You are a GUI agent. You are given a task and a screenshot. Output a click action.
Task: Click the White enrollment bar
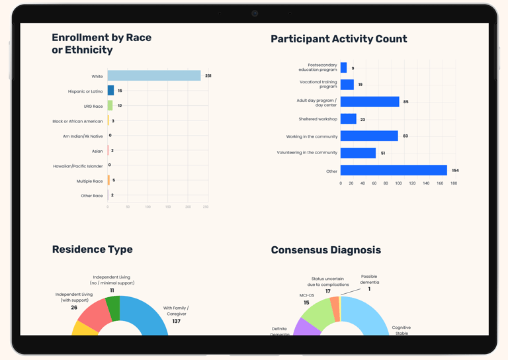pyautogui.click(x=154, y=76)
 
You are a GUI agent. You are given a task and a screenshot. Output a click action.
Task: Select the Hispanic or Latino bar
pyautogui.click(x=110, y=91)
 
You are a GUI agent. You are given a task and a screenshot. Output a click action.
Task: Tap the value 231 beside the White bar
pyautogui.click(x=208, y=76)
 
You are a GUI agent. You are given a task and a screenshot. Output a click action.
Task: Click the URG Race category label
pyautogui.click(x=93, y=107)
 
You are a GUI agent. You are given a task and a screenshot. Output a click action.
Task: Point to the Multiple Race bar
pyautogui.click(x=108, y=181)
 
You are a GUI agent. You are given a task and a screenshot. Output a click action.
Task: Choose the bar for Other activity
pyautogui.click(x=394, y=171)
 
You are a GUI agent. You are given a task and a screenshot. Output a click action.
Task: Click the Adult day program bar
pyautogui.click(x=370, y=102)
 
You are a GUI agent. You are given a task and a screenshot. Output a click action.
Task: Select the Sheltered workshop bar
pyautogui.click(x=349, y=119)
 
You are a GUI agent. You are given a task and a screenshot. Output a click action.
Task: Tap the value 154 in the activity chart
pyautogui.click(x=455, y=171)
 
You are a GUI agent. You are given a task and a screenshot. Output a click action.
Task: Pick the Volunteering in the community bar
pyautogui.click(x=358, y=153)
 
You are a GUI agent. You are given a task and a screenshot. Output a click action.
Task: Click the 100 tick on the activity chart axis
pyautogui.click(x=398, y=183)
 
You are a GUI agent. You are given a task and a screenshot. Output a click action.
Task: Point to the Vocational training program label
pyautogui.click(x=318, y=85)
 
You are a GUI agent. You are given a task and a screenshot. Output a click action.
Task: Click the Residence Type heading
pyautogui.click(x=93, y=249)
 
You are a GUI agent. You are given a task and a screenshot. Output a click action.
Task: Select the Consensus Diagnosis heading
pyautogui.click(x=325, y=250)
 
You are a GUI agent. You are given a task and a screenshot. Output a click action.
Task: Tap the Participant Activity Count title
pyautogui.click(x=339, y=39)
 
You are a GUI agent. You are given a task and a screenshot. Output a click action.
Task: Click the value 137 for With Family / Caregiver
pyautogui.click(x=176, y=321)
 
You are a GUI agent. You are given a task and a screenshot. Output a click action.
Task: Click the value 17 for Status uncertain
pyautogui.click(x=328, y=291)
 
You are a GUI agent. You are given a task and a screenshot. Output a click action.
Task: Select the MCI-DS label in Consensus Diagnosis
pyautogui.click(x=307, y=296)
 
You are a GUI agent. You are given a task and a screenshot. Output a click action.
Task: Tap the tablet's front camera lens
pyautogui.click(x=255, y=13)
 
